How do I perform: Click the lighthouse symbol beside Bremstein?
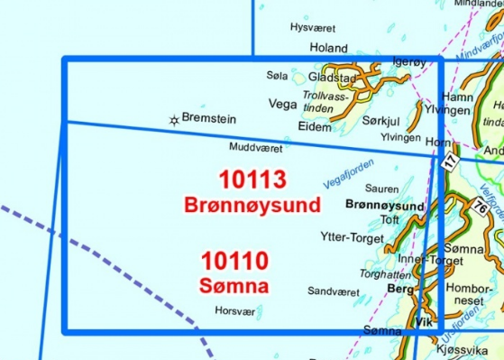point(173,118)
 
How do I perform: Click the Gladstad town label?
point(334,78)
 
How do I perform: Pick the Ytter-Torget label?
point(346,239)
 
